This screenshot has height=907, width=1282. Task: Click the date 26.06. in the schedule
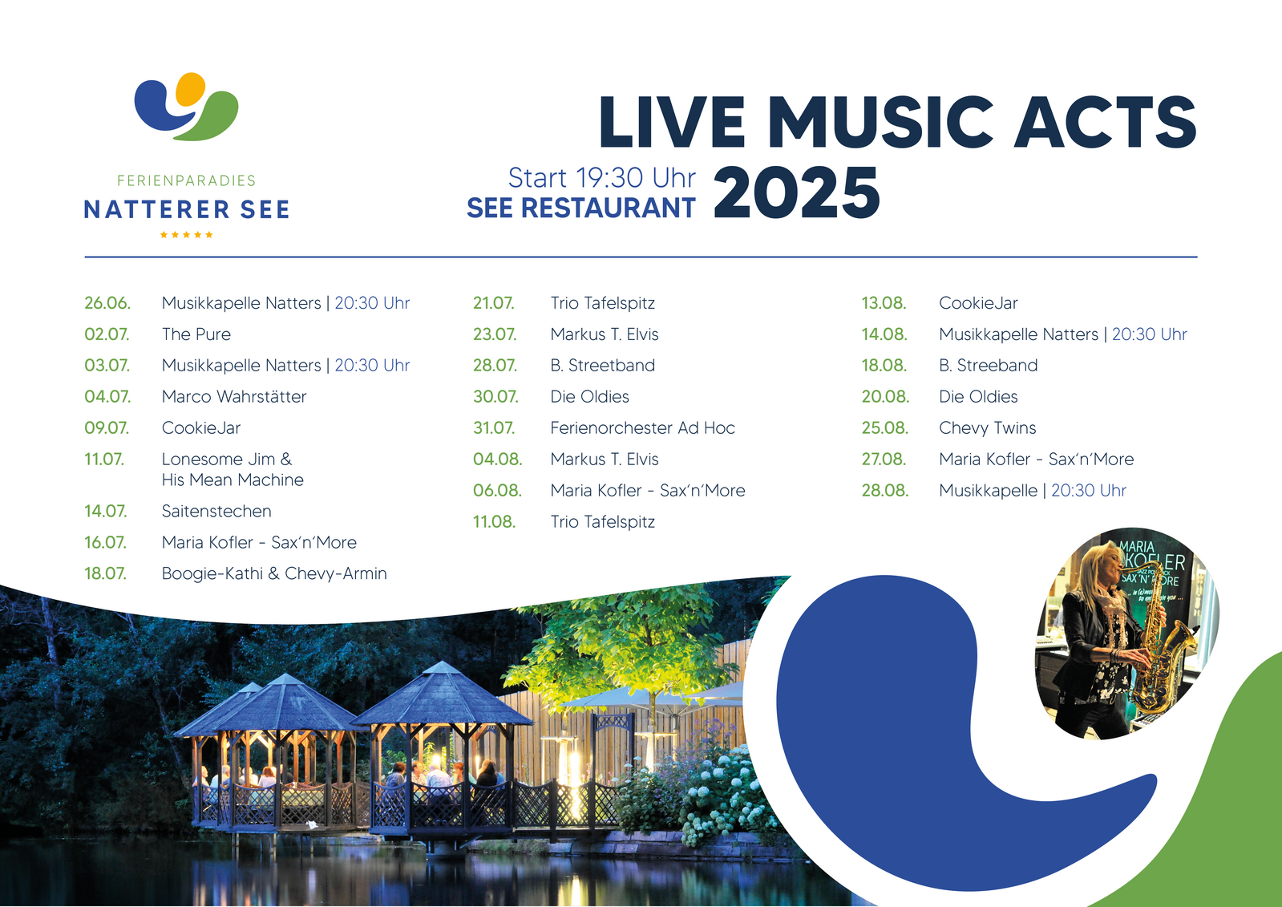coord(107,303)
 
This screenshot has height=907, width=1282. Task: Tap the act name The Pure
coord(196,334)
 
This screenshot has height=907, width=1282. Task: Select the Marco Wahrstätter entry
coord(234,397)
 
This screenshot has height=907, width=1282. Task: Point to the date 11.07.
coord(104,460)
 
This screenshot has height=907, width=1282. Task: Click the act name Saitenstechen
coord(216,512)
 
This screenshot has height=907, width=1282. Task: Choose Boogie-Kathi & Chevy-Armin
coord(274,573)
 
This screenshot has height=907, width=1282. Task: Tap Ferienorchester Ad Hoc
coord(643,428)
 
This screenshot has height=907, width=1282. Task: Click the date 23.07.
coord(495,334)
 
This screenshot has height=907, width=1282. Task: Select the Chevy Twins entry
coord(987,428)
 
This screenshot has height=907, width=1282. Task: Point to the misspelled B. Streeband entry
coord(989,366)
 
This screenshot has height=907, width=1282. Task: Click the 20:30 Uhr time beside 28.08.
coord(1089,491)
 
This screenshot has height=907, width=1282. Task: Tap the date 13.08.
coord(884,303)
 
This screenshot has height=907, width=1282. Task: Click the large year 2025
coord(796,192)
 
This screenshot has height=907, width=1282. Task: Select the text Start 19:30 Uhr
coord(601,177)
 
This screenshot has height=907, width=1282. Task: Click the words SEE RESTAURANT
coord(581,208)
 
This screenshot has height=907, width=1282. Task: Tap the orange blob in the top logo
coord(189,89)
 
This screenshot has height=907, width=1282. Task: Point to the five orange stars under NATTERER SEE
coord(186,235)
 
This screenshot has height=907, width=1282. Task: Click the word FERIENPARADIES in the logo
coord(186,181)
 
